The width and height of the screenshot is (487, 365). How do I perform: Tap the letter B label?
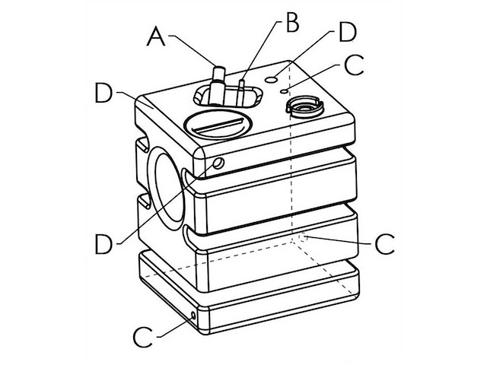(x=291, y=23)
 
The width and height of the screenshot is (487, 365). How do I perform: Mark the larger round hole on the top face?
(x=269, y=78)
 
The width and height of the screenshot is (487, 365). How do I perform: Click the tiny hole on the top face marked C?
(x=284, y=90)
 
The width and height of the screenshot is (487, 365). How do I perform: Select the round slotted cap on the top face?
(x=217, y=124)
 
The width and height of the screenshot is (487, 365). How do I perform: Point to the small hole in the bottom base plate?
(x=196, y=313)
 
